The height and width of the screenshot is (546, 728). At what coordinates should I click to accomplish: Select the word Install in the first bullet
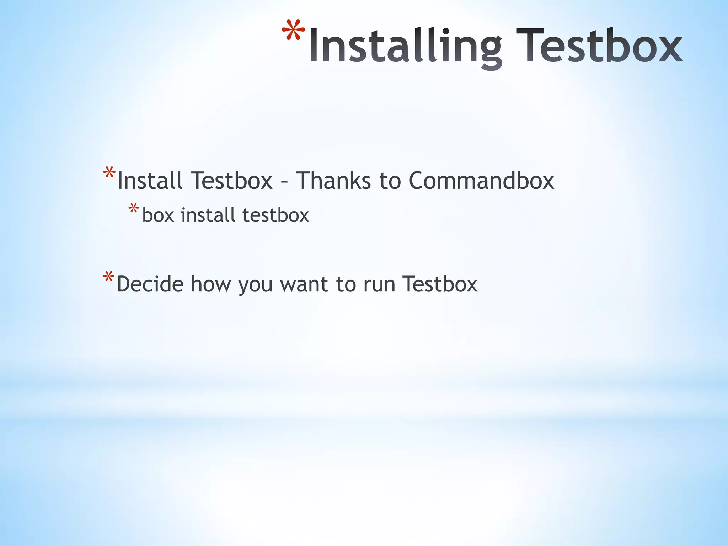tap(150, 181)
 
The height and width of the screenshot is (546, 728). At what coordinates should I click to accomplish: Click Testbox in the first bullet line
tap(231, 181)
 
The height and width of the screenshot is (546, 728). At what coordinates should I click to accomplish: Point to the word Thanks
tap(333, 181)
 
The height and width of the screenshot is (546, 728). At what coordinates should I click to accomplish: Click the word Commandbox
tap(481, 181)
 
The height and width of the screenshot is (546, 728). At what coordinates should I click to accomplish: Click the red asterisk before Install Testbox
tap(109, 173)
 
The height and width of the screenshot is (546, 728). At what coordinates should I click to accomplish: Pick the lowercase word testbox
tap(276, 215)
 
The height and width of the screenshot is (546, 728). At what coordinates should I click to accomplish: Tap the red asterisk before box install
tap(134, 209)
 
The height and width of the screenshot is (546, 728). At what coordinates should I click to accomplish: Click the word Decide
tap(150, 284)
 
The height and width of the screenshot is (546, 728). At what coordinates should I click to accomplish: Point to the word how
tap(211, 284)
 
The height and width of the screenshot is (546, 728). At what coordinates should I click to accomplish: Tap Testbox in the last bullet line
tap(440, 284)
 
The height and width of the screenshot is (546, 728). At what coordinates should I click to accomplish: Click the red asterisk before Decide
tap(109, 277)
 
